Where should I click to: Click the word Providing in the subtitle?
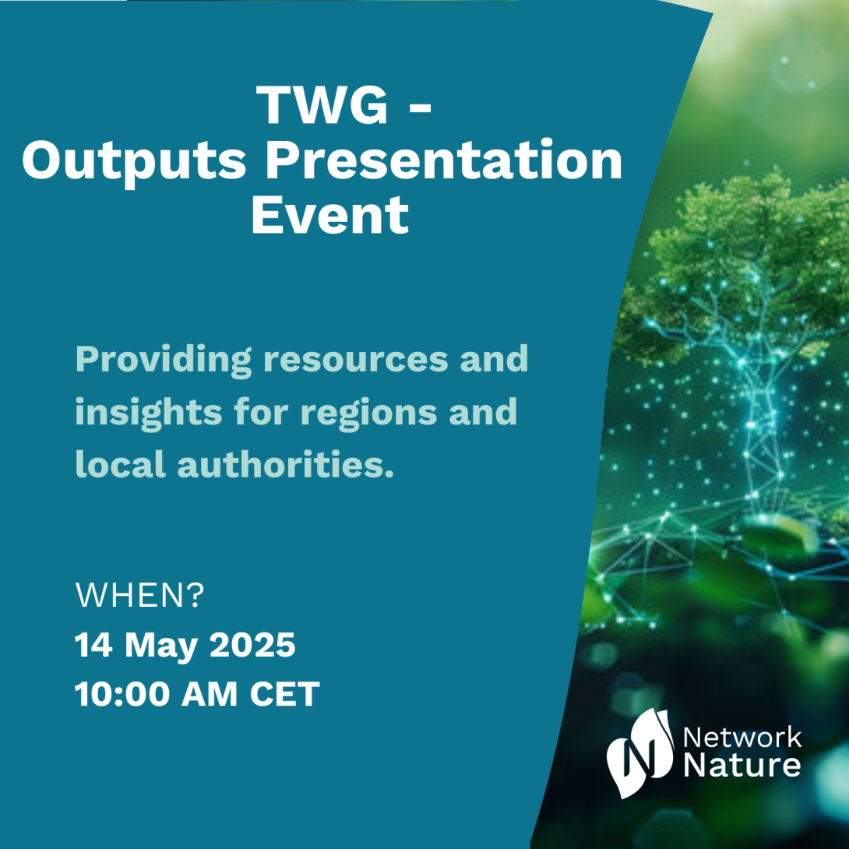tap(164, 360)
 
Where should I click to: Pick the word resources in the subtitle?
tap(356, 361)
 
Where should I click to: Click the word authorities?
tap(286, 464)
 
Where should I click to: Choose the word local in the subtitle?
tap(120, 464)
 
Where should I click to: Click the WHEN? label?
tap(139, 596)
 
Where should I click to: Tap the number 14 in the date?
tap(93, 645)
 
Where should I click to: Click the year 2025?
tap(252, 645)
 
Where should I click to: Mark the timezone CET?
tap(285, 693)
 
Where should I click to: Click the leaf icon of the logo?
tap(639, 753)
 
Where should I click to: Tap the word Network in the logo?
tap(742, 738)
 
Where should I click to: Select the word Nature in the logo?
tap(742, 766)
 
